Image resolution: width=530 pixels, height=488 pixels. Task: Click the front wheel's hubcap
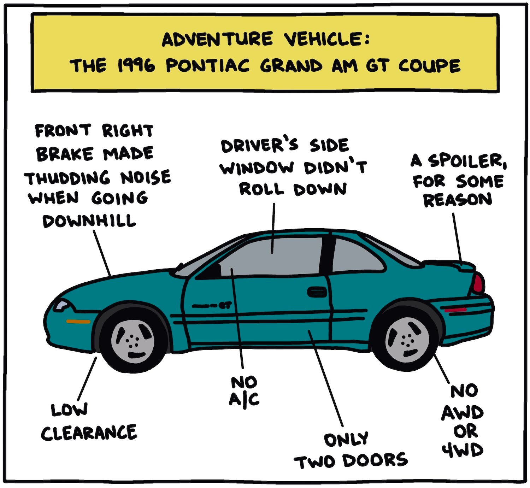click(x=133, y=341)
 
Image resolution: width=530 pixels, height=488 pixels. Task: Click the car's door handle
click(x=317, y=292)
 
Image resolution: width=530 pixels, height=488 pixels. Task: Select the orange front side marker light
click(x=78, y=322)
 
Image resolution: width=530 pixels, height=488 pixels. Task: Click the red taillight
click(x=478, y=283)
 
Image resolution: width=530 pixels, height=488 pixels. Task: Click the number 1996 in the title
click(x=136, y=66)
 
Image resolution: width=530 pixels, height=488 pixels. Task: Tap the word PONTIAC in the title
click(x=208, y=66)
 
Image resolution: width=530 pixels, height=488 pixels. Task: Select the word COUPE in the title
click(x=429, y=66)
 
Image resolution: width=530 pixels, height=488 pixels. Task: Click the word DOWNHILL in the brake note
click(x=89, y=221)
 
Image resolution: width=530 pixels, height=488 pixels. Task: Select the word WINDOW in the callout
click(x=257, y=167)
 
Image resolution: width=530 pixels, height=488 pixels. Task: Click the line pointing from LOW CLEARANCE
click(x=87, y=378)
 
